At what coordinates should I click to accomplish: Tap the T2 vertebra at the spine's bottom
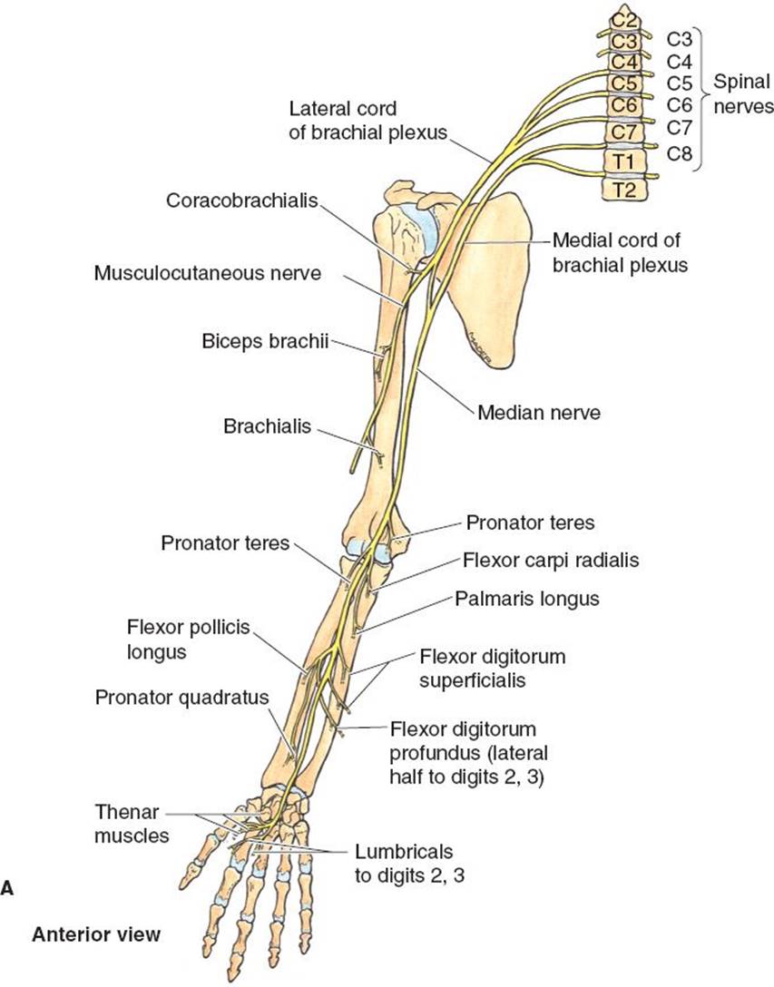click(624, 190)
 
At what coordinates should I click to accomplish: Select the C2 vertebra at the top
click(623, 18)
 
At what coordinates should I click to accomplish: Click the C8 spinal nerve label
click(680, 152)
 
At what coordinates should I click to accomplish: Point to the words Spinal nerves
click(742, 93)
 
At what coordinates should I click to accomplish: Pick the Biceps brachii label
click(266, 342)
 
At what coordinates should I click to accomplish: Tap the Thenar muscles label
click(132, 822)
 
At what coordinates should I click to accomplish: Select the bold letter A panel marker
click(7, 889)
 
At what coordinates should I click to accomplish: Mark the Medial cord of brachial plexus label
click(617, 253)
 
